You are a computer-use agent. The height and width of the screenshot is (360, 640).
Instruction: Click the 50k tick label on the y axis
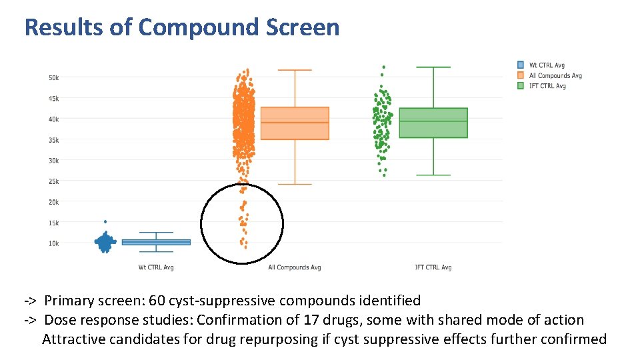pos(53,78)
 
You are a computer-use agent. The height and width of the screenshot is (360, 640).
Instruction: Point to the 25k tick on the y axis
pos(53,181)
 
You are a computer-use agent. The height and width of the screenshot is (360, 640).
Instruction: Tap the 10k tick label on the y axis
pos(53,243)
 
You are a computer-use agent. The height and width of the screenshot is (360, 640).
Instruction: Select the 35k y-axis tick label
pos(53,140)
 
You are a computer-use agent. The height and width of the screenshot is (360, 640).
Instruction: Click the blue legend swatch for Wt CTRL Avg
pos(521,65)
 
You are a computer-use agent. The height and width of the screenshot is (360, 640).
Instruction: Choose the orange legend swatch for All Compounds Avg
pos(521,75)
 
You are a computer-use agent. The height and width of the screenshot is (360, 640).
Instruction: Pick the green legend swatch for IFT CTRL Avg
pos(521,85)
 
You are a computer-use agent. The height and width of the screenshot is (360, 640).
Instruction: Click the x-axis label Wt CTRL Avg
pos(156,267)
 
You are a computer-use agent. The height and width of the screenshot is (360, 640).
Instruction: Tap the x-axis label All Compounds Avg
pos(294,267)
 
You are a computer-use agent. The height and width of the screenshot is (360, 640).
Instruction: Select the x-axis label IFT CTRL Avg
pos(433,267)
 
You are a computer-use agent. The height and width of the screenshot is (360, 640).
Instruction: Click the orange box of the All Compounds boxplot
pos(294,123)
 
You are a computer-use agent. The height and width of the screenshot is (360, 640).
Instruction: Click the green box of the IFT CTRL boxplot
pos(433,123)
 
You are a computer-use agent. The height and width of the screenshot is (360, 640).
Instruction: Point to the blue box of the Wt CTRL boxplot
pos(156,242)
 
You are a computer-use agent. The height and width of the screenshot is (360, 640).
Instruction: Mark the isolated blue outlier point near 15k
pos(105,221)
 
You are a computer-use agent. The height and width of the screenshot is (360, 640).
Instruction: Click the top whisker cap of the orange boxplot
pos(294,70)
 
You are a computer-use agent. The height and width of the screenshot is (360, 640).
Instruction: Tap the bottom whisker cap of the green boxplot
pos(433,175)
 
